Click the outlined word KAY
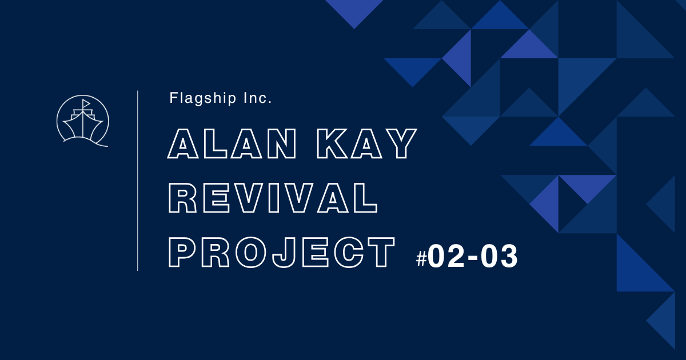(366, 143)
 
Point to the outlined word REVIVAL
(273, 198)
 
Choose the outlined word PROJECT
(282, 252)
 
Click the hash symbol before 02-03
(421, 258)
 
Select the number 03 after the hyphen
(499, 257)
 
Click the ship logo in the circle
(83, 121)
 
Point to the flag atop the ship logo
(86, 103)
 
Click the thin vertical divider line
(138, 181)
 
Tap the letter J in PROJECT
(284, 253)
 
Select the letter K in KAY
(332, 143)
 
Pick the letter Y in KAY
(401, 143)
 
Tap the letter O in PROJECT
(251, 252)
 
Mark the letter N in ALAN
(282, 143)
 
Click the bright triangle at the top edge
(354, 10)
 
